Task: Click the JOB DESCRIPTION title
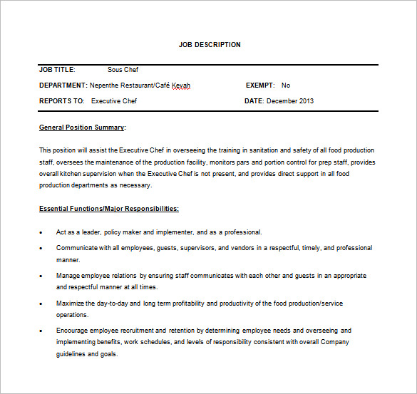(x=210, y=45)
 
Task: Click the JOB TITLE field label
(x=57, y=70)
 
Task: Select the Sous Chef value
(x=123, y=70)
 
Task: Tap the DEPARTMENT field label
(x=63, y=85)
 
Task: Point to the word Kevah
(x=181, y=85)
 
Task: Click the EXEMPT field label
(x=260, y=85)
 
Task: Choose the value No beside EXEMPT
(x=286, y=85)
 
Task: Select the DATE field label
(x=254, y=101)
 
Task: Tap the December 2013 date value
(x=290, y=101)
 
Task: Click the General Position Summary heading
(x=82, y=128)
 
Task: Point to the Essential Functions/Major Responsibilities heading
(x=109, y=209)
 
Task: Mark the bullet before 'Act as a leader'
(x=41, y=232)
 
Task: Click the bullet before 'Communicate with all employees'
(x=41, y=249)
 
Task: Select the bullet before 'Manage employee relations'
(x=41, y=275)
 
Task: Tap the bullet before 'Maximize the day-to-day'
(x=41, y=304)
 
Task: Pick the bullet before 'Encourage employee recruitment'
(x=41, y=331)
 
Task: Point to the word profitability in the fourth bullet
(x=202, y=304)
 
